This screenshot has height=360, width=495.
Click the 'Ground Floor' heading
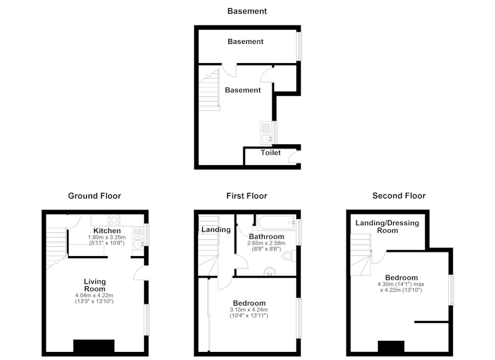95,196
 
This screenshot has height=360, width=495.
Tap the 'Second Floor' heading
399,196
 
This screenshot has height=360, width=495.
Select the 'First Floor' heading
246,196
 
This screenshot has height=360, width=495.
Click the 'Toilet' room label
270,153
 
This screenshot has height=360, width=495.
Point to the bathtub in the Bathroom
276,223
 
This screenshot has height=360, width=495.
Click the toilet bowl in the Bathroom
288,255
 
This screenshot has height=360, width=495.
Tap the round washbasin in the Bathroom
270,272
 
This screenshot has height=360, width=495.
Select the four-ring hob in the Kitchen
114,220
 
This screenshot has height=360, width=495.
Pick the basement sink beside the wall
267,133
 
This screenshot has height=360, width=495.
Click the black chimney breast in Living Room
94,346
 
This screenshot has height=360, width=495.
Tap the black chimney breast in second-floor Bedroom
391,346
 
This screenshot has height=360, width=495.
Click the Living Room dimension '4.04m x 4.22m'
94,296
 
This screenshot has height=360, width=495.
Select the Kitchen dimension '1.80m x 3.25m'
106,238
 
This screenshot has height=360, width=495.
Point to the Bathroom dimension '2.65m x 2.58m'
266,243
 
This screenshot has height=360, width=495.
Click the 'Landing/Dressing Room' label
387,226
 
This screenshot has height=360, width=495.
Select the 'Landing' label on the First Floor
216,229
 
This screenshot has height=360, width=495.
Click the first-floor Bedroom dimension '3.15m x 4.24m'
249,310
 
